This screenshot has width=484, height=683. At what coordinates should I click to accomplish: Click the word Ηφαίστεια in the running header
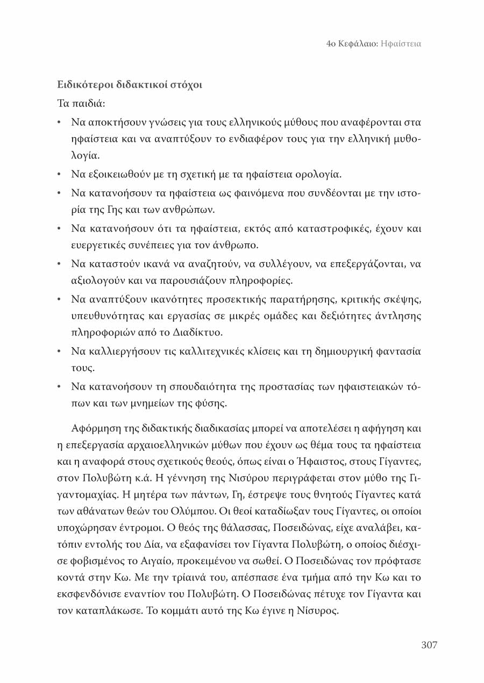400,44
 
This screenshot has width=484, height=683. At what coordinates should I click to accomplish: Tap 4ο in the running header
331,44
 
